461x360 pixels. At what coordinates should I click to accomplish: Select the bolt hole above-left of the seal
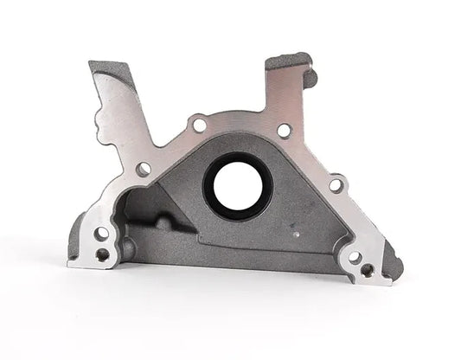click(x=200, y=126)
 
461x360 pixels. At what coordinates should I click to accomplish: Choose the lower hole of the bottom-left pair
click(x=102, y=254)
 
